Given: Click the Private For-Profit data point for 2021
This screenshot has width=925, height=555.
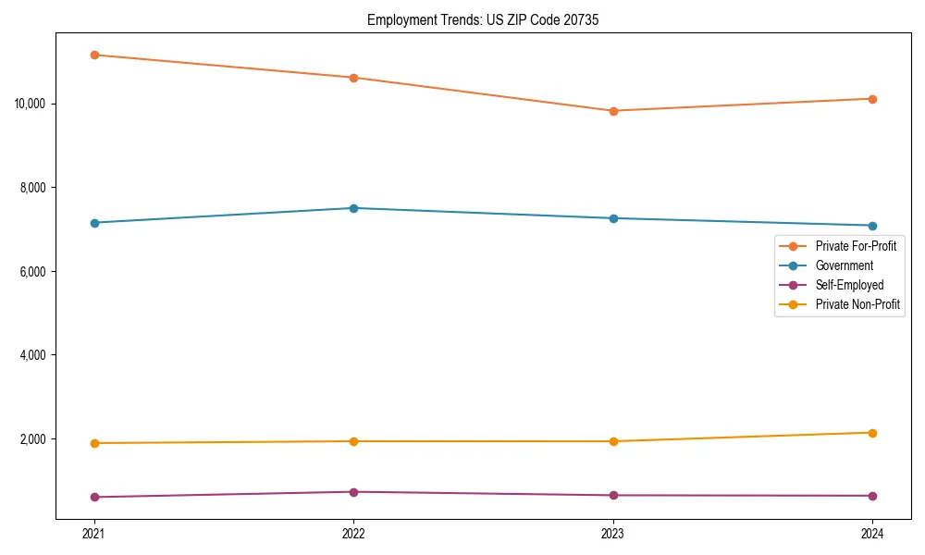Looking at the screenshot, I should click(x=93, y=55).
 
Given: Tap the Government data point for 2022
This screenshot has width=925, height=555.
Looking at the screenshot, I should click(x=353, y=208).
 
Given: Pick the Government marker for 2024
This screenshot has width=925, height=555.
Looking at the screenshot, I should click(x=872, y=226).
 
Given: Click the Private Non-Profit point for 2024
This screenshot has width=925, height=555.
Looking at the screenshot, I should click(x=872, y=433).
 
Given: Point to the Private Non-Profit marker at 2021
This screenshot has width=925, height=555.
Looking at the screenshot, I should click(x=93, y=443).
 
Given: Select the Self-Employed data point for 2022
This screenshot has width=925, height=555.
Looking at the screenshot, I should click(x=353, y=492).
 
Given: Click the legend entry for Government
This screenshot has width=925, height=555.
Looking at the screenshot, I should click(x=844, y=265).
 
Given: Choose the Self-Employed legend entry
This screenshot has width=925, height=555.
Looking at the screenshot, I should click(x=849, y=285).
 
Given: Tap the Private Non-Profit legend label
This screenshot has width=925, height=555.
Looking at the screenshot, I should click(x=857, y=304).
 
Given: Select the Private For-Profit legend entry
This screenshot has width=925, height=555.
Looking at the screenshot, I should click(x=856, y=246).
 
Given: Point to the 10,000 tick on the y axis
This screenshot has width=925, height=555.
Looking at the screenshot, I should click(x=31, y=103).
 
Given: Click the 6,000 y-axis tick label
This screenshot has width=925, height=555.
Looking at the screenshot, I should click(x=34, y=271).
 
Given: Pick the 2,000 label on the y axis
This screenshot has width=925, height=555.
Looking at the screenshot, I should click(x=34, y=439).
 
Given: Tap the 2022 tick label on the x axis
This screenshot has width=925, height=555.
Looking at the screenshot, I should click(x=353, y=534).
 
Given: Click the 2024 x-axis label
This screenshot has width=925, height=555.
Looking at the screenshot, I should click(x=872, y=534).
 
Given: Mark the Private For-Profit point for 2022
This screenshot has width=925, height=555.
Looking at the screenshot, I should click(x=353, y=78).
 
